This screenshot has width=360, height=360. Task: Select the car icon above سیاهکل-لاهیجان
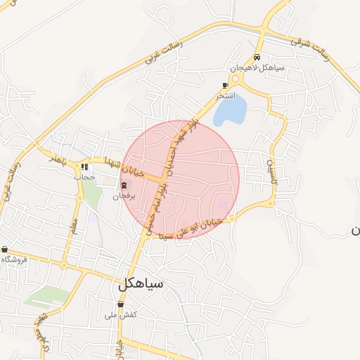tap(257, 58)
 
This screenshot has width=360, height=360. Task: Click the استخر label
tap(225, 94)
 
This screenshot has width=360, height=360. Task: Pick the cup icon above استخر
tap(225, 84)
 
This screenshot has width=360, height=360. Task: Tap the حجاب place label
tap(85, 177)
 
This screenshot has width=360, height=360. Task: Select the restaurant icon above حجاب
tap(86, 167)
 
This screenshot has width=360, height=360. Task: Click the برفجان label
tap(124, 196)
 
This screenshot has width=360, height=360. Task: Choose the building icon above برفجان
tap(124, 186)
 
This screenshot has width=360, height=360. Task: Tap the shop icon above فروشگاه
tap(5, 250)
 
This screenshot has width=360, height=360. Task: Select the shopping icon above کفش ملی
tap(121, 304)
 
